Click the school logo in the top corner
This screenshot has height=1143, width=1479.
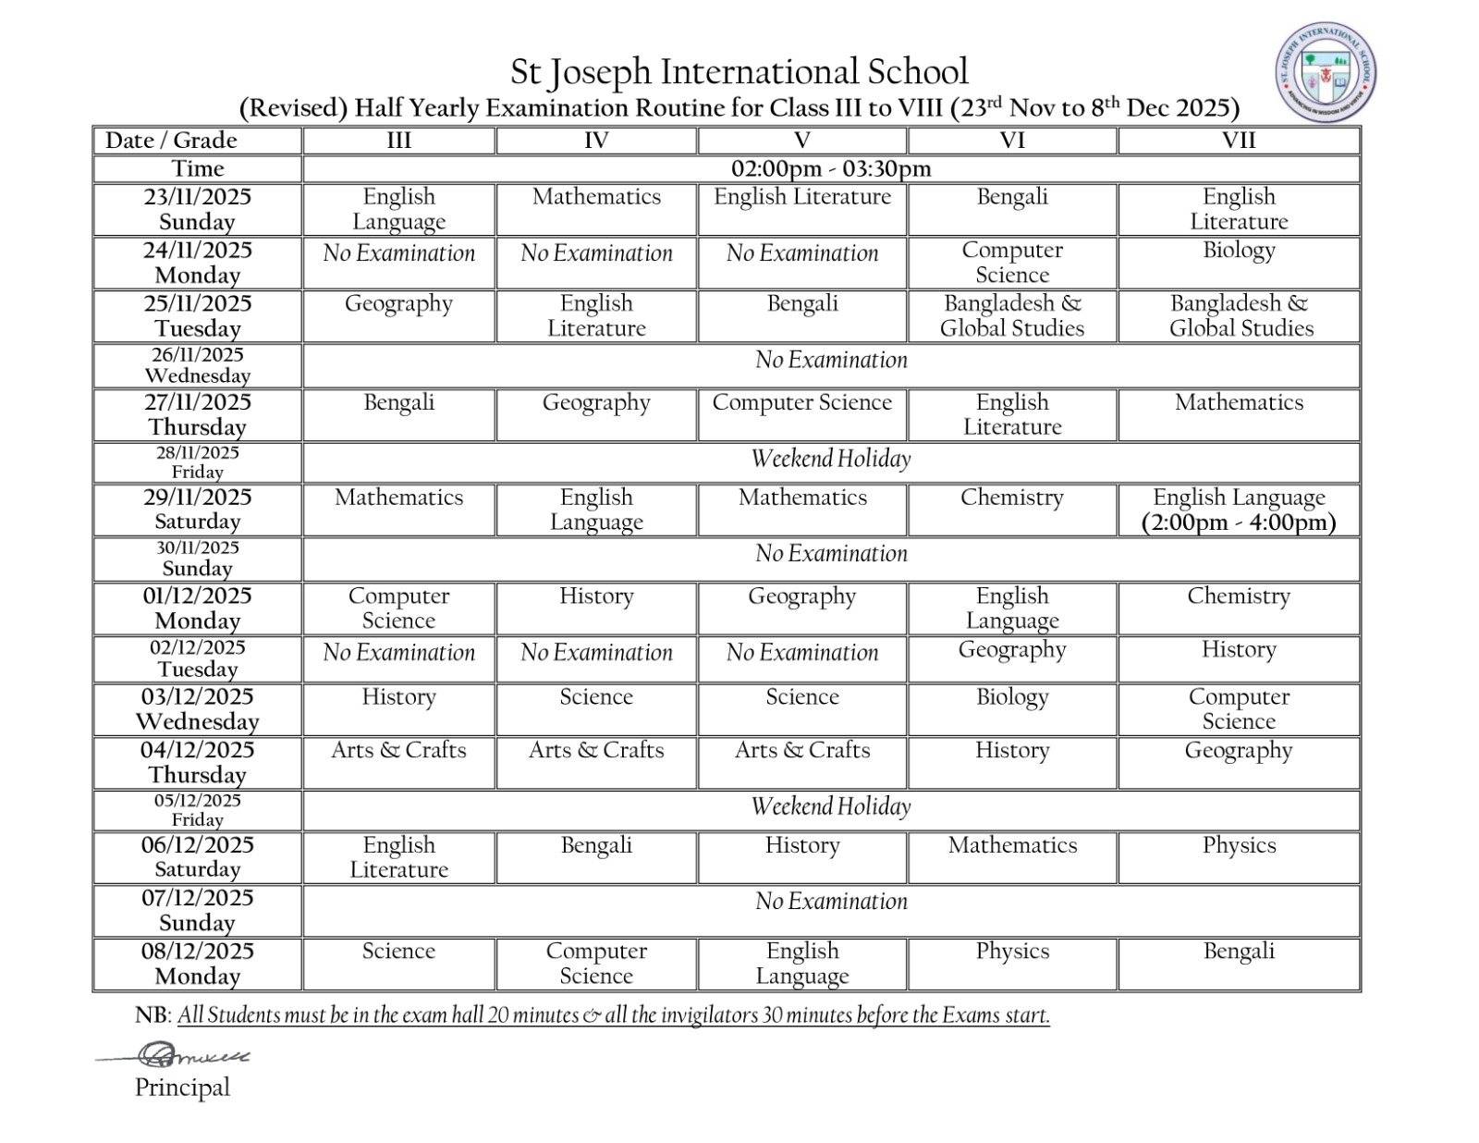[1326, 74]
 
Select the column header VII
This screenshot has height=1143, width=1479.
[1238, 141]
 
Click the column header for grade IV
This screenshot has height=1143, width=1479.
[596, 141]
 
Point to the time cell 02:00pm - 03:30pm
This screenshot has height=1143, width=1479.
[830, 169]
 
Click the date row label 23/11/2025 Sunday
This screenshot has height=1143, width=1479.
[197, 209]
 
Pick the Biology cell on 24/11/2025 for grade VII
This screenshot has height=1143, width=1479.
[1238, 251]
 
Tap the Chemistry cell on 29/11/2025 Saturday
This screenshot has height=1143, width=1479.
[1011, 498]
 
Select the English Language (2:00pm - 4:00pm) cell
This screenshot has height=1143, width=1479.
[1238, 510]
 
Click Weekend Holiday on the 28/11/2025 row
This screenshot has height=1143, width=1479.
[830, 459]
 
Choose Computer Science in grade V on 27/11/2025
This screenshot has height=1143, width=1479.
[801, 402]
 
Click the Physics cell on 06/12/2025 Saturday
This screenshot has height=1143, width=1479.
[1238, 845]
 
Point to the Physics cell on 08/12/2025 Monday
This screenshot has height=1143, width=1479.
[1011, 952]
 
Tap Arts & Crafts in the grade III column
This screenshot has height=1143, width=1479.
[398, 750]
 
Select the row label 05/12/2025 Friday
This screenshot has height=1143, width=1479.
[197, 809]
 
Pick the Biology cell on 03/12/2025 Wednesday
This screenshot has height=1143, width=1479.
[1011, 697]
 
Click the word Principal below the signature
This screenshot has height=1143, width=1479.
[182, 1088]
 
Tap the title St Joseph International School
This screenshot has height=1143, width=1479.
[739, 71]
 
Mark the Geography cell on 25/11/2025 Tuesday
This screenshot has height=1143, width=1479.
[398, 304]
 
